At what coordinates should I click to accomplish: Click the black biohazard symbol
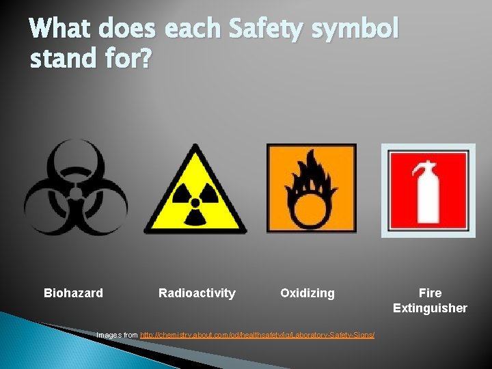point(75,188)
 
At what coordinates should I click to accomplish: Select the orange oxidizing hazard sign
point(311,188)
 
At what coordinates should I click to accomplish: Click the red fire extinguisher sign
point(428,190)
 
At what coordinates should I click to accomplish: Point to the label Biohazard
point(73,293)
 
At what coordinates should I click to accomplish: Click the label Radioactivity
point(197,293)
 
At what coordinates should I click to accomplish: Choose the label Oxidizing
point(307,293)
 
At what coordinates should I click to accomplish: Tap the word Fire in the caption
point(430,293)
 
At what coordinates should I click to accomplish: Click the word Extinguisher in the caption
point(430,308)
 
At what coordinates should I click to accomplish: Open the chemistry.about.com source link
point(257,335)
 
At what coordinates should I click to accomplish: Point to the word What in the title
point(60,29)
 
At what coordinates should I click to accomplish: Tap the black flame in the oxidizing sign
point(312,172)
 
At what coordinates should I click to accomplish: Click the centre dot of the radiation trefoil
point(195,203)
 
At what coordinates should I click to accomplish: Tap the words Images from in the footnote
point(117,335)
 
